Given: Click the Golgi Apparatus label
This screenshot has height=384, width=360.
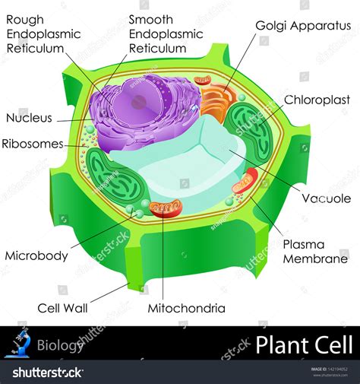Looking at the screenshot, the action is pos(303,26).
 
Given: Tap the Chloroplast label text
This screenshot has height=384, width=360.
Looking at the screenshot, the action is pos(317,100).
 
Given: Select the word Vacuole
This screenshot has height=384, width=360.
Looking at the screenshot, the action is pos(327,198).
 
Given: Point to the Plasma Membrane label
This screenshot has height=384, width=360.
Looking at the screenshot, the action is pos(315,252).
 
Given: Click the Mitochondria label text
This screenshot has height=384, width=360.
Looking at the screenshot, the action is pos(187,309).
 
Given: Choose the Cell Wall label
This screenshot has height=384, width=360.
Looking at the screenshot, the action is pos(62,309).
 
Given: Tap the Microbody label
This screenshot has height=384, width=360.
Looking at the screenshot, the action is pos(36,256).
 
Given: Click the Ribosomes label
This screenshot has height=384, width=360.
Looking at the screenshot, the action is pos(33,144).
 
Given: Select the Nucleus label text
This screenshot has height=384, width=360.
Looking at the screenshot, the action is pos(29,118).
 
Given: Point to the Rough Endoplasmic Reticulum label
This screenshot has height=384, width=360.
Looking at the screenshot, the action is pos(43,34).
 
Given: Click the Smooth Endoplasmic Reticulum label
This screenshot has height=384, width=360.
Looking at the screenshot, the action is pos(166,34).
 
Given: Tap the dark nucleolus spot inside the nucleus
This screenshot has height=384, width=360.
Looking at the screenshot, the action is pos(138,103).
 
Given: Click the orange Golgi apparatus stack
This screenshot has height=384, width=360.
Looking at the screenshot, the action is pos(216,101).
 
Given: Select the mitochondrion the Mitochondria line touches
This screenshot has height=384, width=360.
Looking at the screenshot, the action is pos(166,209).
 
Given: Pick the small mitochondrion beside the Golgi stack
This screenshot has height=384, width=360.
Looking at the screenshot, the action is pos(203,80).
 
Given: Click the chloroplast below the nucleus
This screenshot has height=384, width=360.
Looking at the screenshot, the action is pos(116,177).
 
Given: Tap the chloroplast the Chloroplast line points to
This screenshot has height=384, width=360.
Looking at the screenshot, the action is pos(249,132).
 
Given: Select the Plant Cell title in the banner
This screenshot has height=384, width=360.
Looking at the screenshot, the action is pos(304,344).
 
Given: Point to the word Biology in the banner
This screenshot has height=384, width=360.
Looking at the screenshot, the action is pos(60,345).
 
